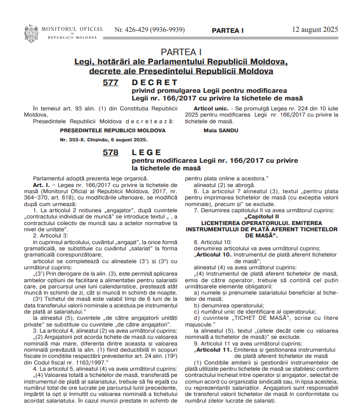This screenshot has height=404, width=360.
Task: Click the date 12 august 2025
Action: [315, 30]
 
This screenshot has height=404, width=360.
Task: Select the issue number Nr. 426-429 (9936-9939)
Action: [150, 30]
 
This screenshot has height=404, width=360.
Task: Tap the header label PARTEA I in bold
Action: [227, 30]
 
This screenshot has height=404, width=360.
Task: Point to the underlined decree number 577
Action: [110, 82]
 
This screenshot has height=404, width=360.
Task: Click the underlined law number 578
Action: [110, 153]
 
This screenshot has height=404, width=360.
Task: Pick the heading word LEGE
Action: [147, 153]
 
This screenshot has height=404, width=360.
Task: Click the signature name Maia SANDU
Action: [221, 130]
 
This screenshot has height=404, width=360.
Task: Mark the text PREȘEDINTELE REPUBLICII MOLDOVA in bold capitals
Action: [113, 130]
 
